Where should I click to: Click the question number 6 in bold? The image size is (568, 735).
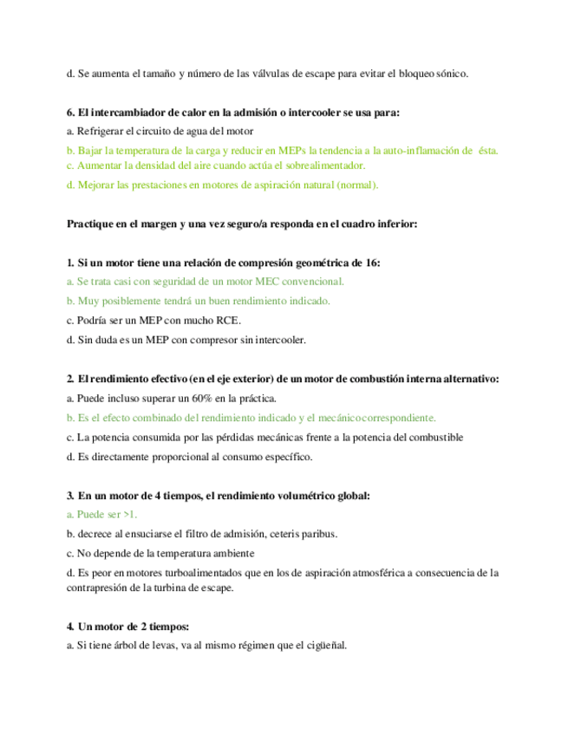click(x=69, y=112)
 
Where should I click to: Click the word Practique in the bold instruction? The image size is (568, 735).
click(x=93, y=224)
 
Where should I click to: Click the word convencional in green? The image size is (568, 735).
click(x=312, y=281)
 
